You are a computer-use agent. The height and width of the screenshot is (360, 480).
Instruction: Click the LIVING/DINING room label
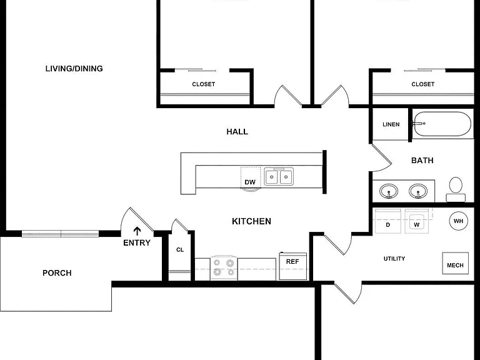(x=74, y=69)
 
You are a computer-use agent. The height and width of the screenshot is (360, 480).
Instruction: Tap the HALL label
(x=237, y=132)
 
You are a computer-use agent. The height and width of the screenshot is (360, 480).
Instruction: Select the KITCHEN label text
(x=251, y=221)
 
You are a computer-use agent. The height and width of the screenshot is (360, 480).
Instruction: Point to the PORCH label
(x=57, y=272)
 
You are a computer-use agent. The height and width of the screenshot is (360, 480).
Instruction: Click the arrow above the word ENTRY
(x=137, y=231)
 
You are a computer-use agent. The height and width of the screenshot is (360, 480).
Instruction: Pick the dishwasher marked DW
(x=251, y=177)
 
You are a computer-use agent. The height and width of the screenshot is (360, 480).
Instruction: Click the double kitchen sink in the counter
(x=279, y=176)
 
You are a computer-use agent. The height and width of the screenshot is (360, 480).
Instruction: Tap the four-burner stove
(x=224, y=268)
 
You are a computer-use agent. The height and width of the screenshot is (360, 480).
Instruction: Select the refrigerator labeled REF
(x=293, y=266)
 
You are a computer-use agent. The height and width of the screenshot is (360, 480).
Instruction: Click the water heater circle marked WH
(x=458, y=221)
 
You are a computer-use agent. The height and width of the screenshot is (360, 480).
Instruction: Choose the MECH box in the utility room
(x=455, y=263)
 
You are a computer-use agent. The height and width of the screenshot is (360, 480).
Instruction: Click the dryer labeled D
(x=388, y=221)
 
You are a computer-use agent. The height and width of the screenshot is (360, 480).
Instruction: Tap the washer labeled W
(x=417, y=221)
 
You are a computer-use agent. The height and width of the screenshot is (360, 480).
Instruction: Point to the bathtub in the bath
(x=442, y=124)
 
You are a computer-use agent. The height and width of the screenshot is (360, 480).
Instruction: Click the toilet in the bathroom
(x=456, y=189)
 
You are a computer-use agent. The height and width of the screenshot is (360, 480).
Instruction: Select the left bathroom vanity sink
(x=389, y=191)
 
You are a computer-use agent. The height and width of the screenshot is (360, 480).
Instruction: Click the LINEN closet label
(x=391, y=124)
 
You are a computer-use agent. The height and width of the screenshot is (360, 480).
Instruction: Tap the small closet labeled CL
(x=180, y=250)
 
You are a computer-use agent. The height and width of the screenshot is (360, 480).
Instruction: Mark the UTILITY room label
(x=394, y=259)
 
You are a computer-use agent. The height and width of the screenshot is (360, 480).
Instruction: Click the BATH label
(x=422, y=161)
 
